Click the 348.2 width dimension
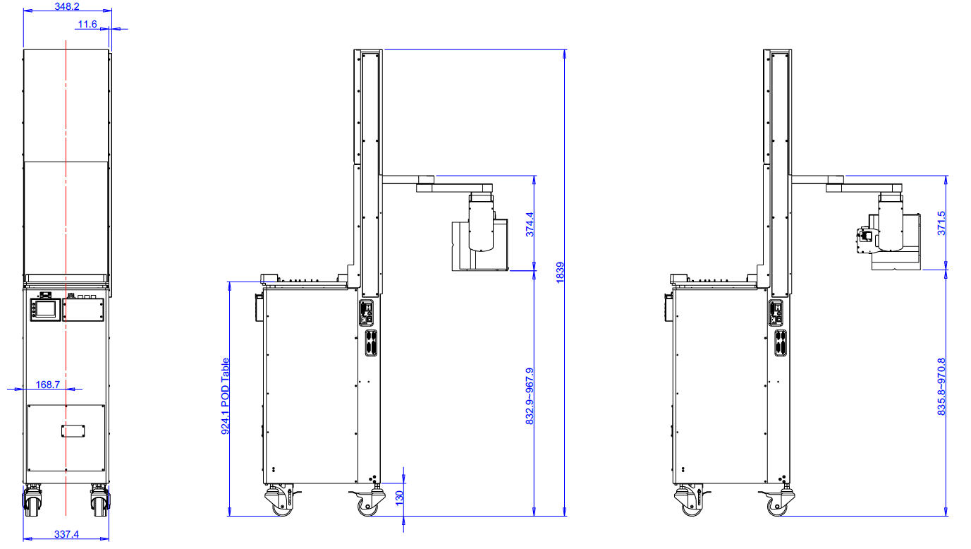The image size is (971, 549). pos(67,6)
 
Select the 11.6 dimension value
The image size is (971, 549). pos(87,24)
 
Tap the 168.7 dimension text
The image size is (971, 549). pos(48,385)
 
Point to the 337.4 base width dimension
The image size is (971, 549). pos(66,534)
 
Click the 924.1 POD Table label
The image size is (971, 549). pos(225,397)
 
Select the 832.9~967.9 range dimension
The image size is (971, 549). pos(530,397)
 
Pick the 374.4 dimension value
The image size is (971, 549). pos(530,224)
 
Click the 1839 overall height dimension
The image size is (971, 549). pos(560,273)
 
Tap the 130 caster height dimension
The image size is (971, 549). pos(399,497)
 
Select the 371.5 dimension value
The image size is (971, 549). pos(941,223)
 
